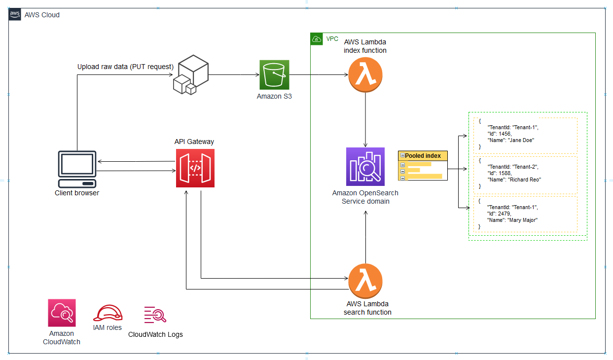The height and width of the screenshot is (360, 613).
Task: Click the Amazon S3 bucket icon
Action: [274, 74]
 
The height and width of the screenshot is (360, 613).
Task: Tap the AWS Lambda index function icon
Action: [365, 74]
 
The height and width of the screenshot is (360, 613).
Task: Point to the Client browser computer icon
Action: [77, 165]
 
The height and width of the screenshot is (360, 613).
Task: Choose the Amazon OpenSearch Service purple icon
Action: [365, 166]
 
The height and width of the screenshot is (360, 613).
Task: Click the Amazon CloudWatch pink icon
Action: [62, 313]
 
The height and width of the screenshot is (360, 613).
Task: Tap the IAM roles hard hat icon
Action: [108, 314]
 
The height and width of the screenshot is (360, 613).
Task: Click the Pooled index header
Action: [423, 156]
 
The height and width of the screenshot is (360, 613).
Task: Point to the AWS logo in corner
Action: [15, 14]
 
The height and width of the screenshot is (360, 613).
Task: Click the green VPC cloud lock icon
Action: [316, 39]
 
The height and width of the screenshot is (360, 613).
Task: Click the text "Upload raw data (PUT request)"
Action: [125, 67]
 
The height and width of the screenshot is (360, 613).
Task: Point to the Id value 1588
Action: [504, 173]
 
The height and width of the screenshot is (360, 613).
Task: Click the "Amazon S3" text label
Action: [274, 97]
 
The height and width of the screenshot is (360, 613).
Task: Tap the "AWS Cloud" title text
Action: [42, 15]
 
